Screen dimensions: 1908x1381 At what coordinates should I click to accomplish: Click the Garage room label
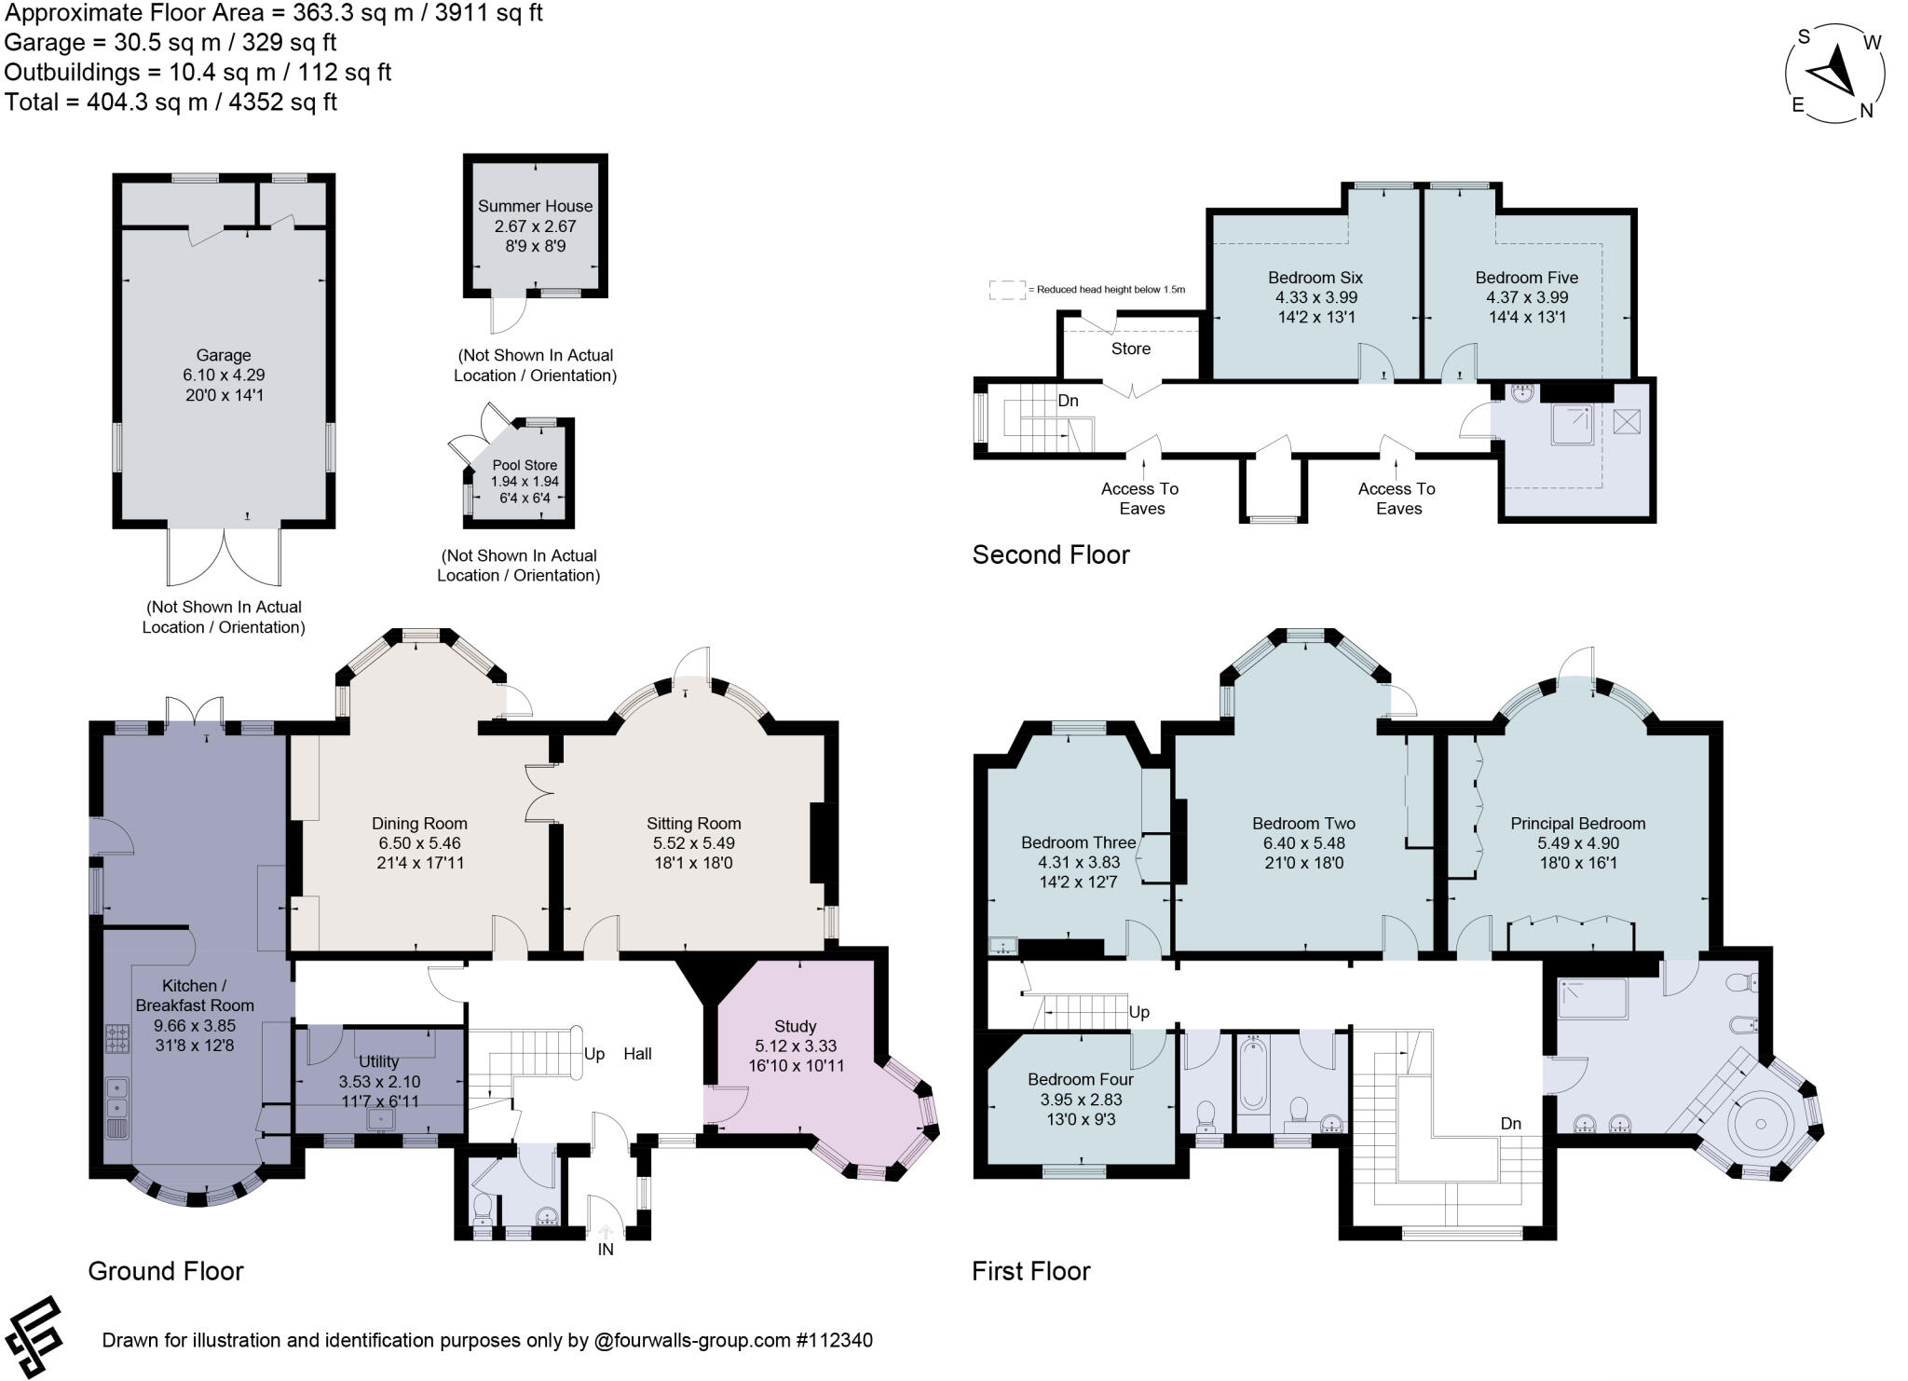point(224,355)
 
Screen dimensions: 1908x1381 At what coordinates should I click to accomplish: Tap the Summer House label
point(535,206)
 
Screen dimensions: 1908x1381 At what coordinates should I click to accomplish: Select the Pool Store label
point(525,465)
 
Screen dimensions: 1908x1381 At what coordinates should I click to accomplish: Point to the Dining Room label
point(419,823)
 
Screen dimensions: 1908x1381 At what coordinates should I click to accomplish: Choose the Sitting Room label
point(694,823)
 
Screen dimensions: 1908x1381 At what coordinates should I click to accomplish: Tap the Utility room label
point(378,1061)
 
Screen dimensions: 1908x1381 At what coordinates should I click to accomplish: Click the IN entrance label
point(606,1249)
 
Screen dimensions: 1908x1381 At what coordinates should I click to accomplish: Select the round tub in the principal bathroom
point(1762,1125)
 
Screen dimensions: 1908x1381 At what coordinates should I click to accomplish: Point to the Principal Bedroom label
point(1577,823)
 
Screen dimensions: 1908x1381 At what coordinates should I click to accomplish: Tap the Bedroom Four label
point(1081,1079)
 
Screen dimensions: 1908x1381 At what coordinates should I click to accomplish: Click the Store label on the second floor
point(1131,349)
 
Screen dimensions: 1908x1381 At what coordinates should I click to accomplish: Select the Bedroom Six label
point(1315,277)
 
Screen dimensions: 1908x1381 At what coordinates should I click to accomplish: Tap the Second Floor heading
point(1051,554)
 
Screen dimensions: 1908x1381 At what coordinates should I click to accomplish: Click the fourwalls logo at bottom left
point(34,1336)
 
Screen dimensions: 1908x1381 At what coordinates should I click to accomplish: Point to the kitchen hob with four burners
point(119,1038)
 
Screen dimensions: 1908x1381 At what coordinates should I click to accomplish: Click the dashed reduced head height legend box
point(1007,290)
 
